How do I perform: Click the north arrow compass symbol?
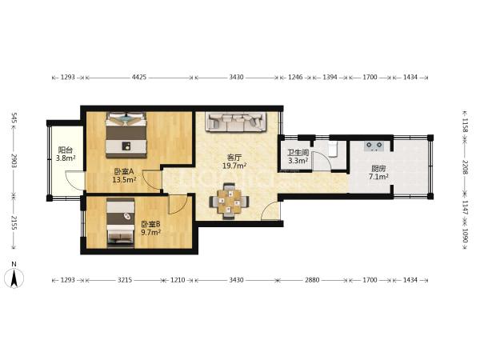[x=14, y=278]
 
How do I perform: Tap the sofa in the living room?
[x=236, y=122]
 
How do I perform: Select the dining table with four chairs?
[x=229, y=201]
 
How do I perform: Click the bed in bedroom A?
[x=126, y=135]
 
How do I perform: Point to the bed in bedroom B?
[x=121, y=222]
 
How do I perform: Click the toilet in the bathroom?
[x=333, y=149]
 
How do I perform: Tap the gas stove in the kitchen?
[x=374, y=146]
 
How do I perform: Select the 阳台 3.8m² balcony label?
[x=66, y=154]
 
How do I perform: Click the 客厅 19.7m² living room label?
[x=234, y=162]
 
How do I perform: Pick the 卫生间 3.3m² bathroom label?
[x=298, y=157]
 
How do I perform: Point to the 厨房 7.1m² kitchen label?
[x=378, y=172]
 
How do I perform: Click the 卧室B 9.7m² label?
[x=150, y=228]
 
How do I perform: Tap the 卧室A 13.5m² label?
[x=124, y=176]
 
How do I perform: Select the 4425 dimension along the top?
[x=139, y=77]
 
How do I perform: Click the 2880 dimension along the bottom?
[x=312, y=280]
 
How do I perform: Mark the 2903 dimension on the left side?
[x=14, y=161]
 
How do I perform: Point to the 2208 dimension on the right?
[x=465, y=167]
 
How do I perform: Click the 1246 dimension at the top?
[x=295, y=77]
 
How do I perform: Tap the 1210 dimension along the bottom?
[x=178, y=280]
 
